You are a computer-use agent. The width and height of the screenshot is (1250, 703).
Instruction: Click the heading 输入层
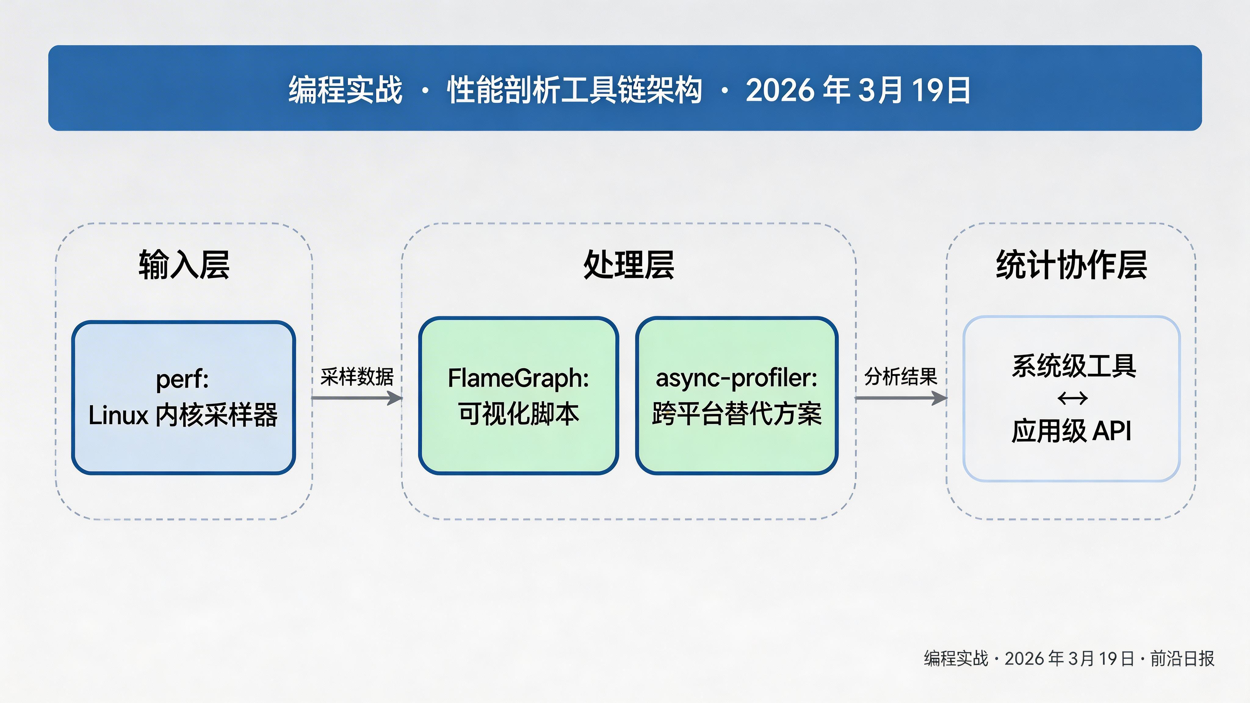184,265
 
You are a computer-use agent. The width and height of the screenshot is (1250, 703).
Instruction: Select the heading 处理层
628,265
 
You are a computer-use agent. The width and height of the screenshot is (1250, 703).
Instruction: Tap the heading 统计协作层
1071,265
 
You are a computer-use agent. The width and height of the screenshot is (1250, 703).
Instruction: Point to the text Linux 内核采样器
183,415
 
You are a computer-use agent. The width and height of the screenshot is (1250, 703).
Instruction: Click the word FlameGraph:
518,378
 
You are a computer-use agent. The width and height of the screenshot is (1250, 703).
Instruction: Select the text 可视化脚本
518,414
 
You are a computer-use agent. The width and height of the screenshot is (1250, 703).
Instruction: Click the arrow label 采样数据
357,377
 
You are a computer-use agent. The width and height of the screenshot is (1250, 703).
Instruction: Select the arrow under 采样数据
357,398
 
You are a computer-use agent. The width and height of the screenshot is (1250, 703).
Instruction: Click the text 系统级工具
1073,366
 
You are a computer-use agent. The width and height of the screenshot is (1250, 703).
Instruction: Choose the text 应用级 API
1071,431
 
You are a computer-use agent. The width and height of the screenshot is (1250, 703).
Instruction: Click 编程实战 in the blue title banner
345,90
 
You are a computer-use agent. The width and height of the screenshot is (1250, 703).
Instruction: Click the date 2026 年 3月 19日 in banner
858,90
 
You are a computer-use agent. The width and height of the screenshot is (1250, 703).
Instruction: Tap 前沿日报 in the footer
1182,659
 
